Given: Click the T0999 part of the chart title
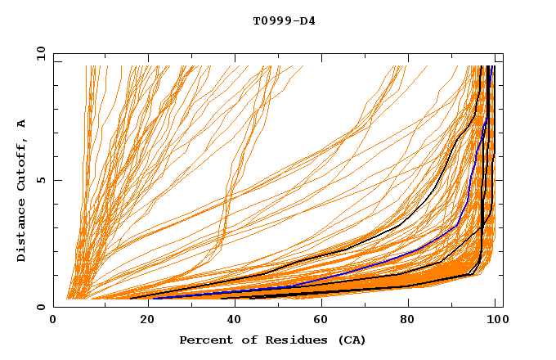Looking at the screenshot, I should (268, 20).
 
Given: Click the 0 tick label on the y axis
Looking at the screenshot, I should (40, 307).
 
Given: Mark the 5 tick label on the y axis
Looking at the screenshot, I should (40, 180).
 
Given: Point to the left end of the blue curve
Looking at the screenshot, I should (153, 298).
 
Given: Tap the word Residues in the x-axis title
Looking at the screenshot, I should (290, 340).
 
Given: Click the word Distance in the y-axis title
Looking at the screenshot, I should (21, 232).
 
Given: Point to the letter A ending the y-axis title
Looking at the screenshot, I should (21, 123).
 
